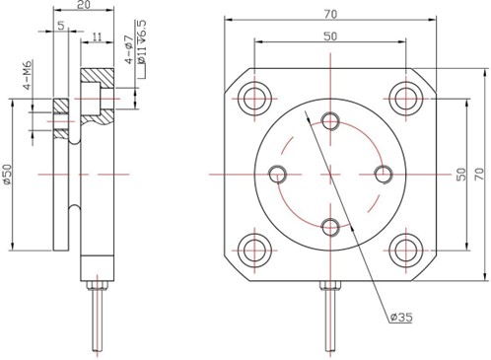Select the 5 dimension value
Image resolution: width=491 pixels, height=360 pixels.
tap(61, 26)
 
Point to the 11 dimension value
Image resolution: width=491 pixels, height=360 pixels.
tap(97, 36)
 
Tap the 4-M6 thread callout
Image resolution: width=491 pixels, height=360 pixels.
tap(28, 75)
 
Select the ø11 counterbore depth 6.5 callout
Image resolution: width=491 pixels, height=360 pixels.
tap(142, 42)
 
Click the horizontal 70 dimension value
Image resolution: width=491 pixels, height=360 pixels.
tap(330, 14)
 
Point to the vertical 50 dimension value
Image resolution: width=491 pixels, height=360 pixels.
tap(461, 174)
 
